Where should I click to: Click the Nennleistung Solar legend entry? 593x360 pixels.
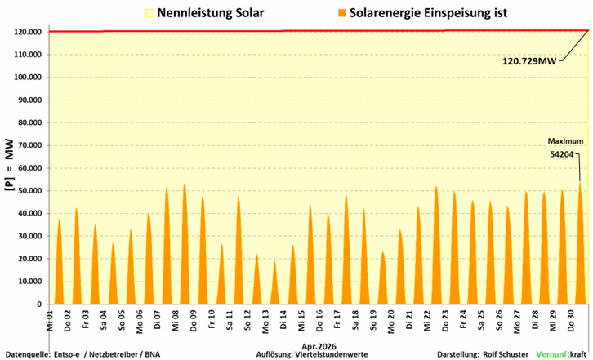(204, 13)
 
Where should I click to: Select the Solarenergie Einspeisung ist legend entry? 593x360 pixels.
(423, 13)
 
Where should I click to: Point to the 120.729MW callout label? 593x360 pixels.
(529, 61)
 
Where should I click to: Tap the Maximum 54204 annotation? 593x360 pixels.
(565, 148)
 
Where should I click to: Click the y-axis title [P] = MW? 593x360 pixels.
(11, 165)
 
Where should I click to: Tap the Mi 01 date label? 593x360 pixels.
(51, 322)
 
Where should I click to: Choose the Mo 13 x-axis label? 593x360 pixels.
(265, 322)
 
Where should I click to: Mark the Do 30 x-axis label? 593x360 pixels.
(571, 322)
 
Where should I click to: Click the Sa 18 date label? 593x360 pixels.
(355, 322)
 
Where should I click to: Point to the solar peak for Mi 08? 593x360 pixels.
(184, 184)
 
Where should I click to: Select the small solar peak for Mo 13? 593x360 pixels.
(274, 261)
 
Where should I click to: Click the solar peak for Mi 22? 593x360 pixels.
(436, 185)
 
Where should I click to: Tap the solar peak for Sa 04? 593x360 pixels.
(113, 242)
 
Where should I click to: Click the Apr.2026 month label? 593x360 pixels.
(319, 347)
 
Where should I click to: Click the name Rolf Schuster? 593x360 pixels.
(506, 355)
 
